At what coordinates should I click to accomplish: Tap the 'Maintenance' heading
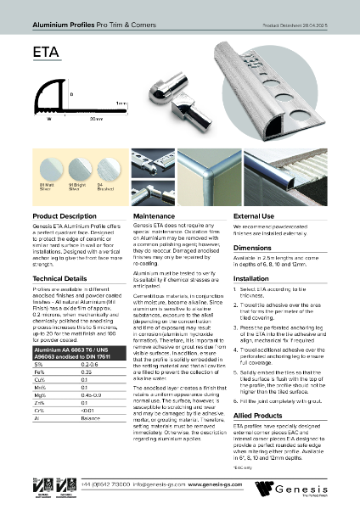click(x=155, y=217)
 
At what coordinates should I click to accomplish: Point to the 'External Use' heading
click(x=254, y=217)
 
